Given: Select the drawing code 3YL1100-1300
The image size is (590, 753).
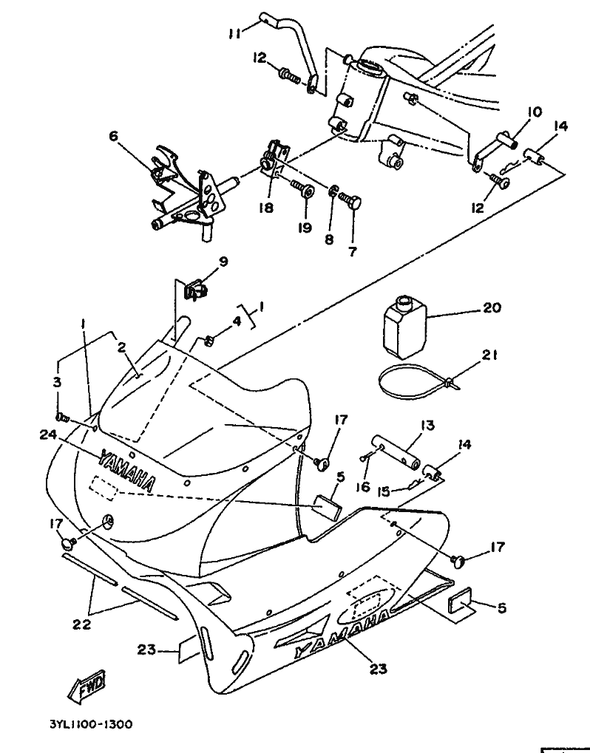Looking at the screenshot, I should click(x=88, y=726).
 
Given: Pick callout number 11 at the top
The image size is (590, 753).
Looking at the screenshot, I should click(x=235, y=33).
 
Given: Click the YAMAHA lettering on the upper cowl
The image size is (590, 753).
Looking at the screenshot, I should click(x=126, y=471).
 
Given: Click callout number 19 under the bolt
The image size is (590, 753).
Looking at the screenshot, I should click(x=305, y=228).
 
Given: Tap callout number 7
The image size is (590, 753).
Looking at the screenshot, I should click(x=352, y=251).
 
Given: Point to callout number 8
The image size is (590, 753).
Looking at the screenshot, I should click(x=329, y=239).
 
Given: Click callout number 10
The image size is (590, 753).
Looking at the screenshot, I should click(x=534, y=112).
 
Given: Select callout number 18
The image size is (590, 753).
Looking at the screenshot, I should click(x=265, y=208).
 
